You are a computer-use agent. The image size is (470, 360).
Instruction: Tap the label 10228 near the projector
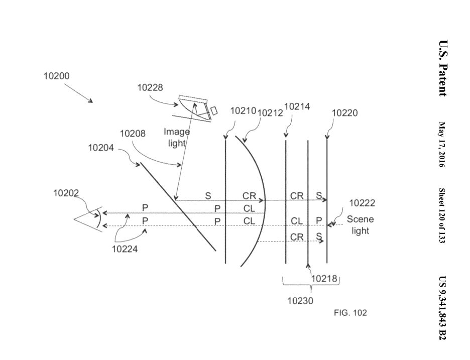pos(150,87)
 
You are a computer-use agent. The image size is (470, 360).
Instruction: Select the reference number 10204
pos(101,148)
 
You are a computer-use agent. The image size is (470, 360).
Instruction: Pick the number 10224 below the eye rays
pos(125,248)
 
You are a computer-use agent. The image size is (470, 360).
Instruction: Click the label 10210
pos(243,111)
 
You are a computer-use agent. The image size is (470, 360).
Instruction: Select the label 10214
pos(297,106)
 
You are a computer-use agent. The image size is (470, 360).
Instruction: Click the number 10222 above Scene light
pos(362,203)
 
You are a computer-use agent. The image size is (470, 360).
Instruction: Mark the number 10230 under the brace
pos(300,301)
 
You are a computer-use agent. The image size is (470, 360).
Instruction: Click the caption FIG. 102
pos(350,313)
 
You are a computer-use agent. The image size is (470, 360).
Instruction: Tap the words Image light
pos(177,137)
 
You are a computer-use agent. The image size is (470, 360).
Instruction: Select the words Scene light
pos(360,225)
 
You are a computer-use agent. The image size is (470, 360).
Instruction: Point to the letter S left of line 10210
pos(207,195)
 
